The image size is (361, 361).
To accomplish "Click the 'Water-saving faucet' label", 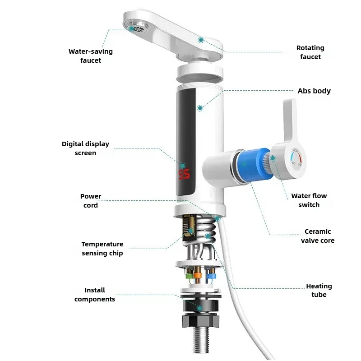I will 90,56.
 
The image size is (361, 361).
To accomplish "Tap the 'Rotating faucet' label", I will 310,52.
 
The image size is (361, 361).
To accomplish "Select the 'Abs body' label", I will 314,91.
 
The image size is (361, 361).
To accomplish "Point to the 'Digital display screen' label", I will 85,148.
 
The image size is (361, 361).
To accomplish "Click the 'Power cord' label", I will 91,201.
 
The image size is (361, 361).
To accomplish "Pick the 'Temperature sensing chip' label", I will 102,249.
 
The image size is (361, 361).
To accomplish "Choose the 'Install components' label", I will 95,295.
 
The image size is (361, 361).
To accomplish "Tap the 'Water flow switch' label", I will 309,200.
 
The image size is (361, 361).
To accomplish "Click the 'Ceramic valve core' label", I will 318,236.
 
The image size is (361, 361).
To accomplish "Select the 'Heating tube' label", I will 319,290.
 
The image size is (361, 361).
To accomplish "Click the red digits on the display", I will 184,174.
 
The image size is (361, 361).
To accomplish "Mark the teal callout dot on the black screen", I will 199,108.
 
